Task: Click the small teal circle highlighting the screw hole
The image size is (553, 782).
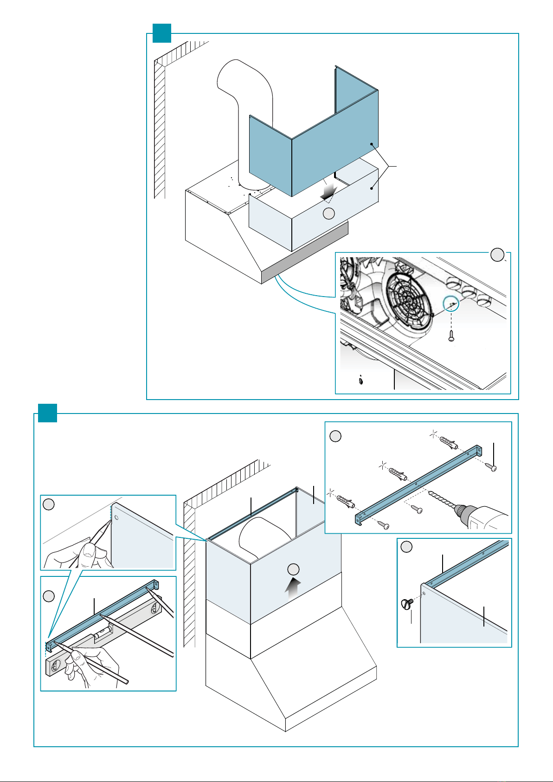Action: [x=451, y=304]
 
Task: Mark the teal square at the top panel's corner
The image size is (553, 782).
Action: [x=162, y=33]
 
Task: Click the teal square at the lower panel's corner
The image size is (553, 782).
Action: [x=47, y=413]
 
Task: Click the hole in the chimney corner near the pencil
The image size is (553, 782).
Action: [x=117, y=517]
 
